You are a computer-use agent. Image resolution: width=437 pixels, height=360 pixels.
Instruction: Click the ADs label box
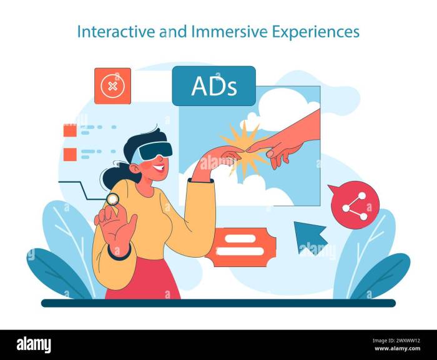[x=214, y=85]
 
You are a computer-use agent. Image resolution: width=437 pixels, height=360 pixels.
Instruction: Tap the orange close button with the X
[x=112, y=85]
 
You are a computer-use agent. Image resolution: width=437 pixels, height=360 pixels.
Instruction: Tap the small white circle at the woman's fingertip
[x=112, y=199]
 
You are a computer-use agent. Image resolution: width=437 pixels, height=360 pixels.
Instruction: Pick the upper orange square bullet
[x=70, y=130]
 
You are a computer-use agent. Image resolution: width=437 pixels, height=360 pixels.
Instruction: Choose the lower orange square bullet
[x=70, y=153]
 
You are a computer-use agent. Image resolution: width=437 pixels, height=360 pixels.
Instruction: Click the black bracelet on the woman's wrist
[x=119, y=253]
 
